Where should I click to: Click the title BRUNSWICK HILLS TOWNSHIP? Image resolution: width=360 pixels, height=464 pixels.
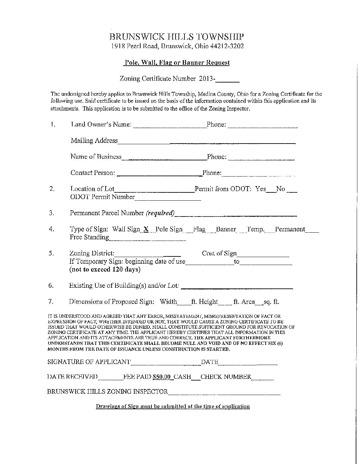[177, 37]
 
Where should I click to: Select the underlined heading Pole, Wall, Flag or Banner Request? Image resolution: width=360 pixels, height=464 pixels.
[177, 63]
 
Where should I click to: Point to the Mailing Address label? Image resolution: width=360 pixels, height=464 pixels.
[94, 141]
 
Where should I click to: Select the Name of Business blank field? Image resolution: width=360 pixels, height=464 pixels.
[164, 158]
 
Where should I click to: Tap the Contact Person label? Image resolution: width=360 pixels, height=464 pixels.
[93, 173]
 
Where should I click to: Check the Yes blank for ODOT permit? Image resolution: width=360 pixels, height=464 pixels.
[270, 190]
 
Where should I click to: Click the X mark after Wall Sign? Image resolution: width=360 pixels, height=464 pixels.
[146, 229]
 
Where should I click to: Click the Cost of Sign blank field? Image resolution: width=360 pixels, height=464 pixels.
[263, 255]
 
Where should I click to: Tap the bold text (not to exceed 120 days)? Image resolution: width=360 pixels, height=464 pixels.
[105, 270]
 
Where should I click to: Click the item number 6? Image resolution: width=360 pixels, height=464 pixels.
[51, 285]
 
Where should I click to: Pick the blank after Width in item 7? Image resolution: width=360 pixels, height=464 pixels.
[183, 303]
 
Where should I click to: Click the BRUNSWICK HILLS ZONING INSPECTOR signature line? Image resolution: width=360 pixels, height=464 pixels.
[224, 393]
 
